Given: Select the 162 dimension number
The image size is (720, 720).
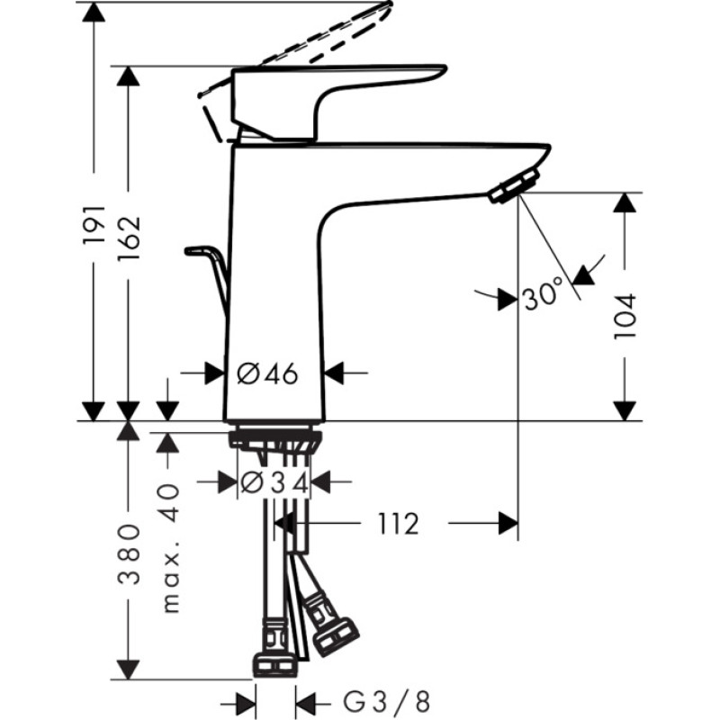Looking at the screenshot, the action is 128,238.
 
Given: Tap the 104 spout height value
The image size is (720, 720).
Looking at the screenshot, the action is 625,317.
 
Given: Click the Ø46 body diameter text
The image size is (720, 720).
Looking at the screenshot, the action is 267,373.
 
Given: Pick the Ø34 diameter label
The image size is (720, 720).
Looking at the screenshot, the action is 274,482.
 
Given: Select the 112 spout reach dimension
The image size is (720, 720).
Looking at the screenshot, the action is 398,524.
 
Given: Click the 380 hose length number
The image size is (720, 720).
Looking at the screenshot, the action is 129,554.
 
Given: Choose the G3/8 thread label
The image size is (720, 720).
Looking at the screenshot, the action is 387,702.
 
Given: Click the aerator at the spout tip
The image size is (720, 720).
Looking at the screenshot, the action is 514,185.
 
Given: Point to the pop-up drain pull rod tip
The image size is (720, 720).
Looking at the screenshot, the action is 189,251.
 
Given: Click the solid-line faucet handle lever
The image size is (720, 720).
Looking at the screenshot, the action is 338,103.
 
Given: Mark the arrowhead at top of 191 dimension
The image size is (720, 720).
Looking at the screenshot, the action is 94,13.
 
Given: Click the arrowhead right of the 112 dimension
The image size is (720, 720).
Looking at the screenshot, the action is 508,524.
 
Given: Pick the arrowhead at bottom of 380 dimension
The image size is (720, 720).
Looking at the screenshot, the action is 128,670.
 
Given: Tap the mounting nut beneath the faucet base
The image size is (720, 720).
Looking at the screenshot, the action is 274,438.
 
